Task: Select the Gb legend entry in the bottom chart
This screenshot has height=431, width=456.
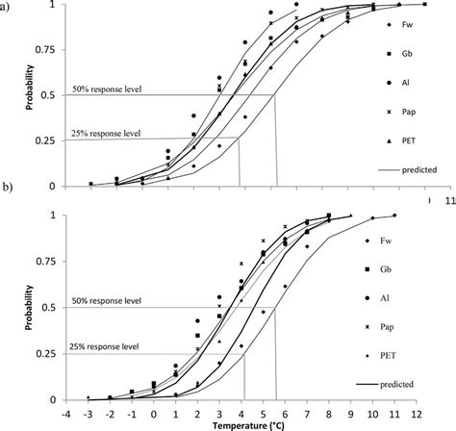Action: point(392,269)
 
